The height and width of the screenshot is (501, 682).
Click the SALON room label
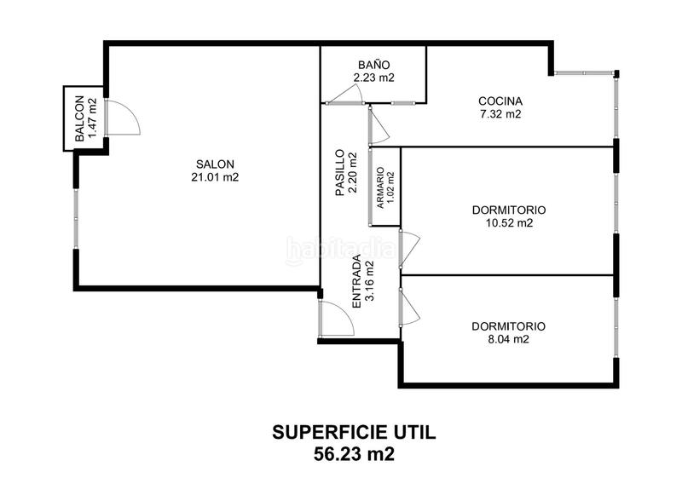point(215,164)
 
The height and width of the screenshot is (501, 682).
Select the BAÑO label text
point(373,64)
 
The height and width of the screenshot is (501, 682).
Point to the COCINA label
point(500,101)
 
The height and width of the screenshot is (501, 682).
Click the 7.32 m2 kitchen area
point(500,113)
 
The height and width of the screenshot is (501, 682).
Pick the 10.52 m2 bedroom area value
point(508,223)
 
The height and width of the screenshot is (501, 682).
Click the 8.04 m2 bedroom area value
point(508,338)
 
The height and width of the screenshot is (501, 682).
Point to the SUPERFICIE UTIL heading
point(353,433)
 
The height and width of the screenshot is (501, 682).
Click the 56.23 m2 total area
point(353,454)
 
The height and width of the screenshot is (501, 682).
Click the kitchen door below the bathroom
point(379,126)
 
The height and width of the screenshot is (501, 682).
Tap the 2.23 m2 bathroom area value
point(373,77)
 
